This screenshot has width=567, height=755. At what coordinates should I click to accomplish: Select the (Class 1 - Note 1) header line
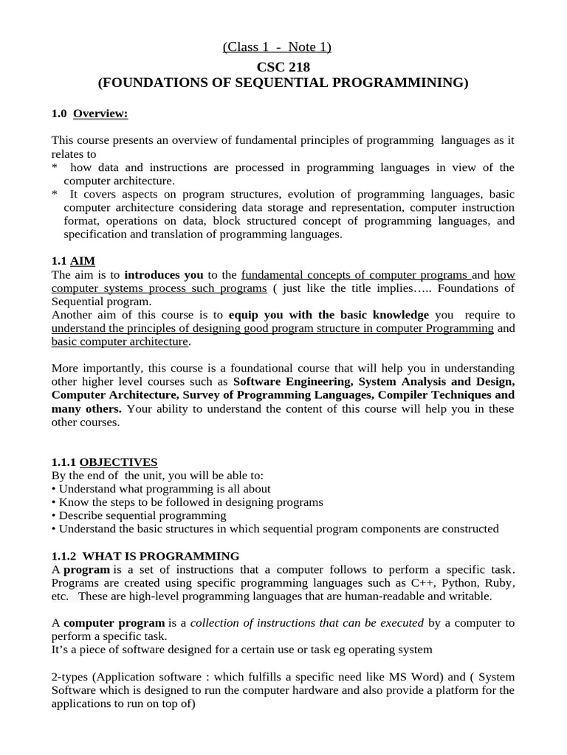point(277,48)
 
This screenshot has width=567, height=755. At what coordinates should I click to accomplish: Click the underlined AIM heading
point(83,260)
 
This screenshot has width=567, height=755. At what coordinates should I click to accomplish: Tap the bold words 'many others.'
point(86,408)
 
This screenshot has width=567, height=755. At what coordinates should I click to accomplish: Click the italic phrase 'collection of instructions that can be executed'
point(307,623)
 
